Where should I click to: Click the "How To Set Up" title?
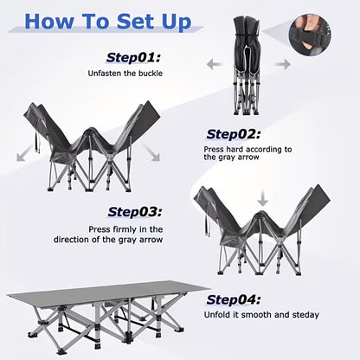(108, 22)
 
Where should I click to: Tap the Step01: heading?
(133, 58)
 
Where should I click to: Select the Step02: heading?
(234, 134)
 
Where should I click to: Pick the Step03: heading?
(135, 212)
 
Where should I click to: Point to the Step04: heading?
(234, 299)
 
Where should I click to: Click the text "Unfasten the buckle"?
(125, 74)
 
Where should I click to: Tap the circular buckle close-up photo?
(310, 35)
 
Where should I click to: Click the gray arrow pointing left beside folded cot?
(214, 64)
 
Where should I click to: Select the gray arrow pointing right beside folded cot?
(283, 64)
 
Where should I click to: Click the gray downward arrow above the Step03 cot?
(262, 198)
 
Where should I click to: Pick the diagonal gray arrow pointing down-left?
(24, 153)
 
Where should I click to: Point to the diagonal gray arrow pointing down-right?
(151, 152)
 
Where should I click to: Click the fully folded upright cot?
(246, 66)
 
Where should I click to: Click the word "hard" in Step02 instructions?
(235, 149)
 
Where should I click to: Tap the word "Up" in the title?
(177, 22)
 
